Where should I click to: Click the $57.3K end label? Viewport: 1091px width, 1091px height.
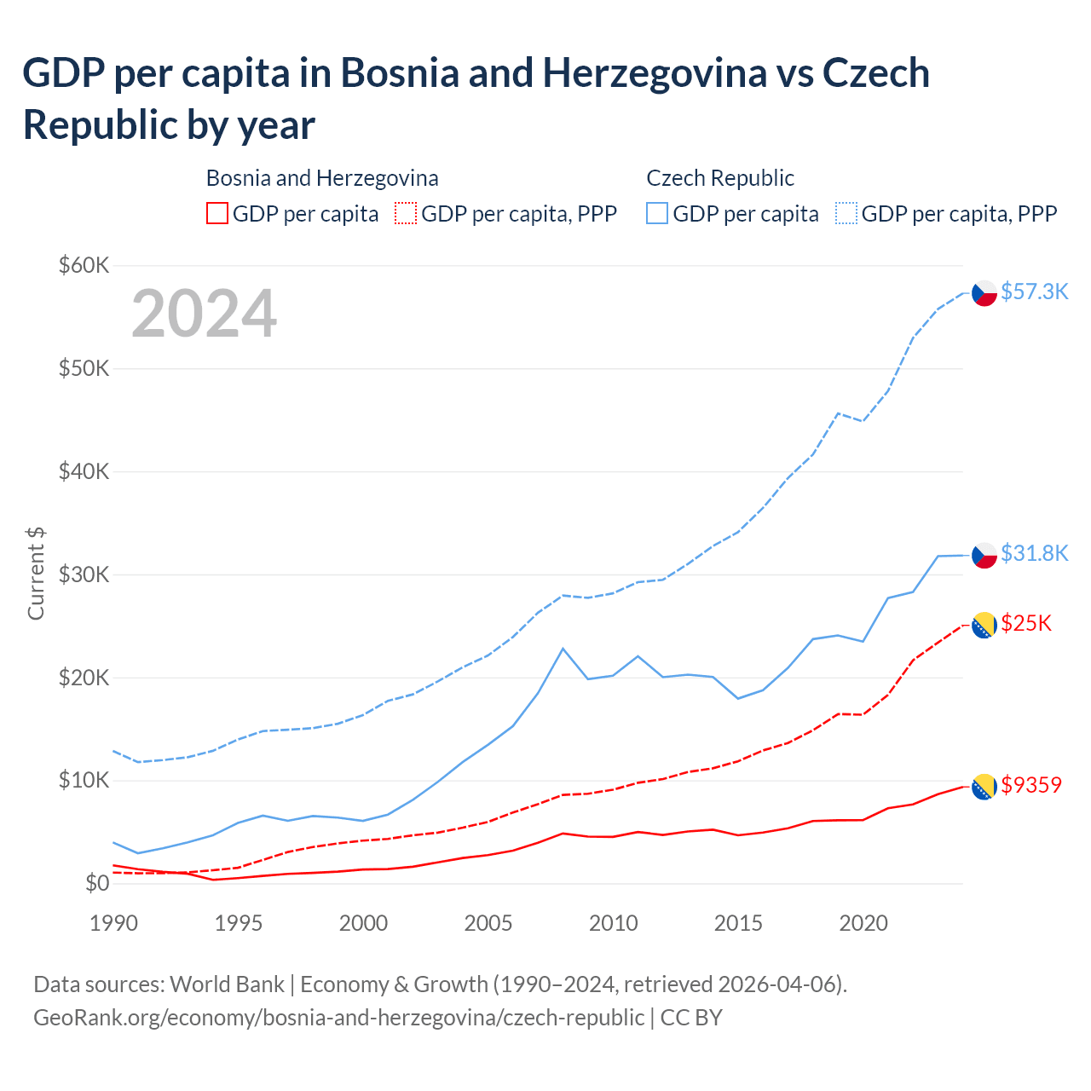click(x=1034, y=292)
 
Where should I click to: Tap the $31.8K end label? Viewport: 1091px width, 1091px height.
click(x=1034, y=553)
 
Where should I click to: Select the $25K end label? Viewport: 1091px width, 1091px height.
click(x=1026, y=623)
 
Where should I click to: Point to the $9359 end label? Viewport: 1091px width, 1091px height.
click(x=1031, y=784)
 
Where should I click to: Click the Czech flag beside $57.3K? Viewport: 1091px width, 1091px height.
click(x=984, y=293)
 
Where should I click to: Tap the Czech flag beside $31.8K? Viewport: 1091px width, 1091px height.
click(x=984, y=555)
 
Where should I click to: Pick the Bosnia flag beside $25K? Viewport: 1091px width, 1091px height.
click(x=984, y=625)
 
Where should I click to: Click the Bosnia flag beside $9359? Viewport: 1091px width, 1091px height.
click(x=984, y=787)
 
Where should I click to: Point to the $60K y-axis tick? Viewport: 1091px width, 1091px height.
click(x=84, y=265)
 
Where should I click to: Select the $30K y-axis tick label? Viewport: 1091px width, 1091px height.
click(x=84, y=574)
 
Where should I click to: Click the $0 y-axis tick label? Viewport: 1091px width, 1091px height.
click(x=97, y=883)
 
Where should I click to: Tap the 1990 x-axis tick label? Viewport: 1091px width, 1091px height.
click(x=113, y=923)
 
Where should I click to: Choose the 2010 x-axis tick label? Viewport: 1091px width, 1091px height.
click(x=614, y=923)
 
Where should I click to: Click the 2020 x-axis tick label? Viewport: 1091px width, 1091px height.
click(x=863, y=923)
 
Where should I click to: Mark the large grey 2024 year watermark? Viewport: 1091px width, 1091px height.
click(x=204, y=314)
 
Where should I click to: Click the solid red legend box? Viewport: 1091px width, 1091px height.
click(x=217, y=213)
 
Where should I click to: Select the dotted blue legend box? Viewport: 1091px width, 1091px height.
click(x=846, y=213)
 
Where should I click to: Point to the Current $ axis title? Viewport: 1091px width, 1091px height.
click(x=36, y=574)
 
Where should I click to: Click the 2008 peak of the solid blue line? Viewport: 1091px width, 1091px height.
click(x=563, y=649)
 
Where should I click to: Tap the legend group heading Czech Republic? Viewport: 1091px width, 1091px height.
click(x=720, y=178)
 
